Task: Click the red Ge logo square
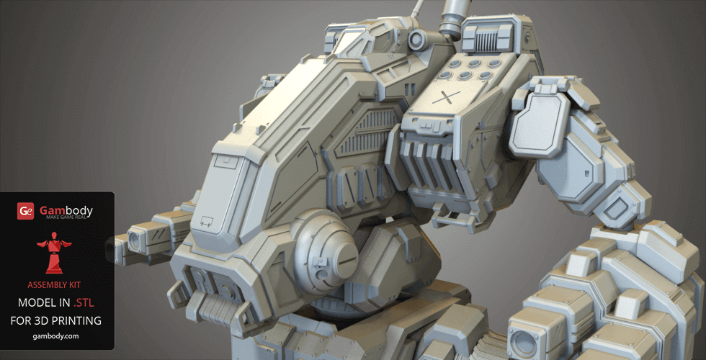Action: [26, 210]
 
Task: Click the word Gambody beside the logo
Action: [66, 210]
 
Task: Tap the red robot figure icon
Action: [54, 253]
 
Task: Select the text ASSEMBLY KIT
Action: [54, 285]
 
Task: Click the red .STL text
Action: [84, 302]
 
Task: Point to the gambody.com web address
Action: [56, 336]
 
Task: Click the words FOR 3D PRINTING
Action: [56, 320]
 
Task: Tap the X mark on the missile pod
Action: [446, 97]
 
